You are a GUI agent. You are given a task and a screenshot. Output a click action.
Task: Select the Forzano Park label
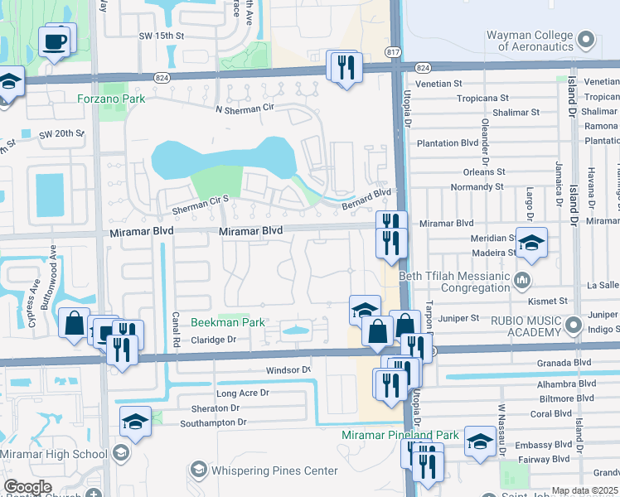(111, 99)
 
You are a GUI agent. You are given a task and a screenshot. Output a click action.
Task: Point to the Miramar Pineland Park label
(400, 435)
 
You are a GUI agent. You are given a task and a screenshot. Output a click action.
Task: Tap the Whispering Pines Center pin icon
(197, 470)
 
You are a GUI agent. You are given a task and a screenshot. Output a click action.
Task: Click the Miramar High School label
(54, 454)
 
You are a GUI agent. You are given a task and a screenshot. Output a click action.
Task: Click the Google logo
(27, 487)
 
